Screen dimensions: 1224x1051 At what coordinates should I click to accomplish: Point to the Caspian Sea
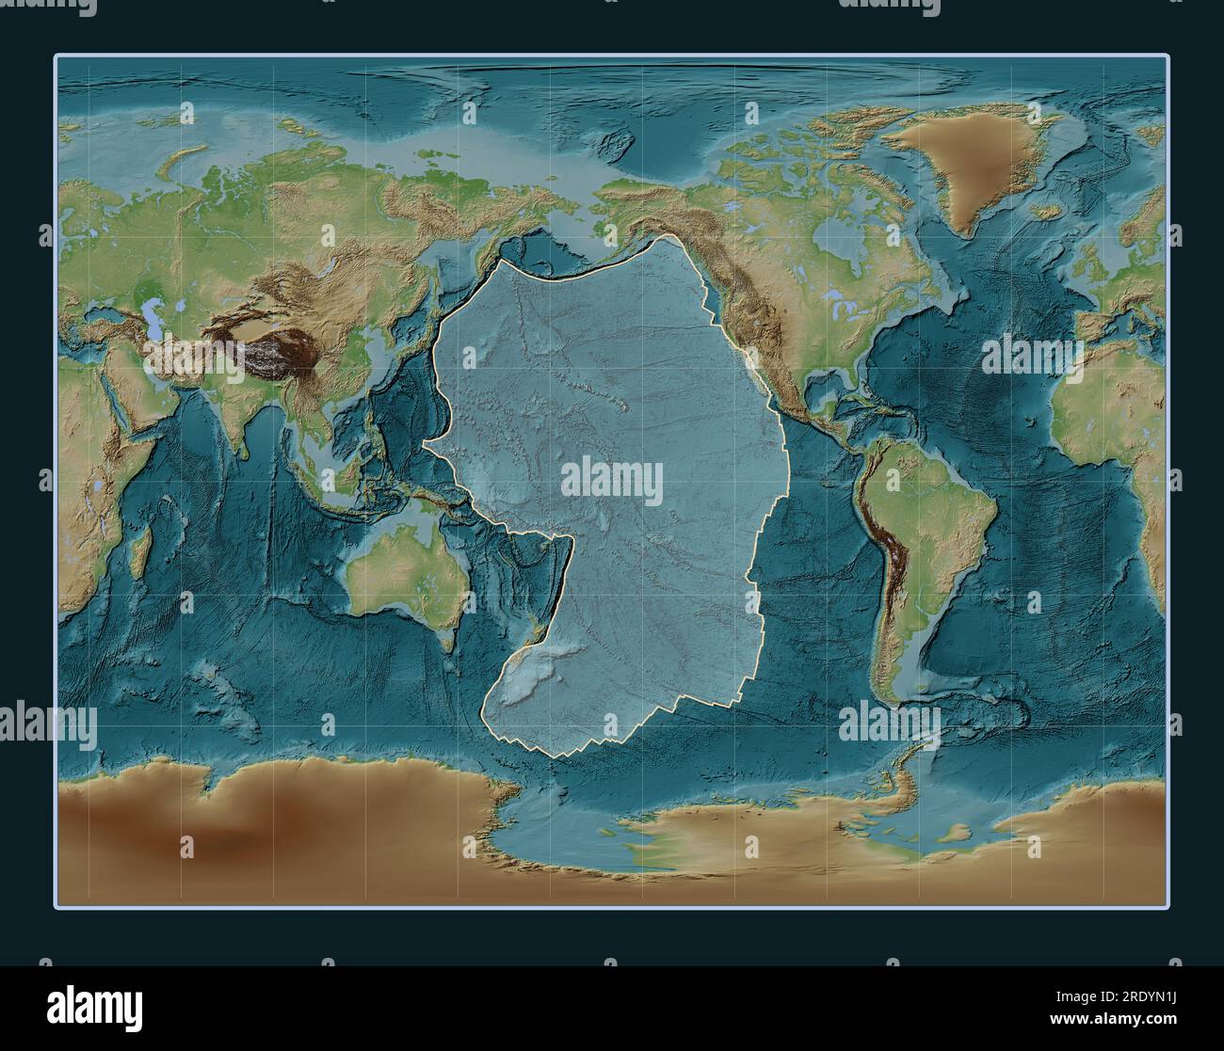pos(149,311)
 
